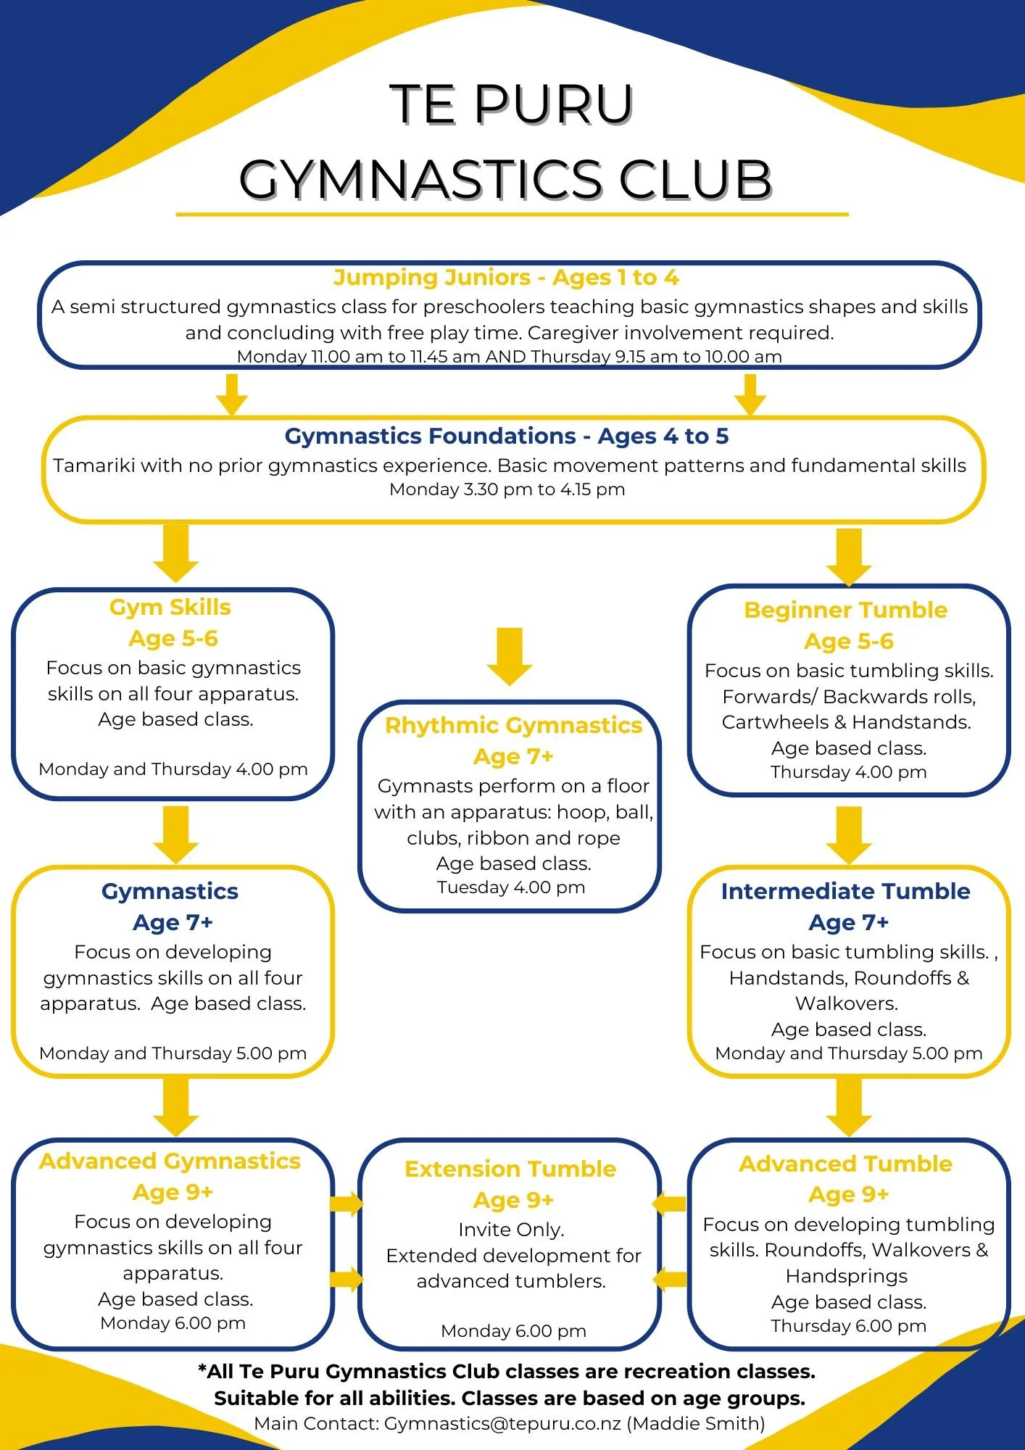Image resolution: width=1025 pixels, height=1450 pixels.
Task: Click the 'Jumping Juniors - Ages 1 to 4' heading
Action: coord(506,278)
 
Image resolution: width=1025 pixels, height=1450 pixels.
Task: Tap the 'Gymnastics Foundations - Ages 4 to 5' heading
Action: coord(506,436)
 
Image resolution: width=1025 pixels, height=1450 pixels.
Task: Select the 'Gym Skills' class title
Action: coord(170,608)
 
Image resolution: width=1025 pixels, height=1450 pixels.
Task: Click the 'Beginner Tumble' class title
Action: coord(845,610)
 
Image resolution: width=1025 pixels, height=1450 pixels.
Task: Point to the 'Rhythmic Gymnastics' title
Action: coord(513,726)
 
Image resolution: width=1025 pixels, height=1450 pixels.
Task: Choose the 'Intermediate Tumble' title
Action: coord(845,891)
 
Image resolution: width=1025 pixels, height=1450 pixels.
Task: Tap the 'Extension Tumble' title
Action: coord(510,1169)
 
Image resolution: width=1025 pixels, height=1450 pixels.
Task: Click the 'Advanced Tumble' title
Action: coord(845,1164)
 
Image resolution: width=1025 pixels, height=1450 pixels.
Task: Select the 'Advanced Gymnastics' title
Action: coord(170,1161)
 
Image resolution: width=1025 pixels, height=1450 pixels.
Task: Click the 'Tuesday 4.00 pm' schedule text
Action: coord(511,887)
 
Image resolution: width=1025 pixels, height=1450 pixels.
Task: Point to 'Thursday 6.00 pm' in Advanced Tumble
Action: coord(848,1325)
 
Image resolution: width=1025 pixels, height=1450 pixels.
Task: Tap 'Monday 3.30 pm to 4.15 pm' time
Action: coord(507,489)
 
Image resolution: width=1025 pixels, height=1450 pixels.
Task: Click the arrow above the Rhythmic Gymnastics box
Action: coord(510,656)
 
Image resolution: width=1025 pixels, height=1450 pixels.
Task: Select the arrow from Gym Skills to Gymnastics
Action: coord(176,834)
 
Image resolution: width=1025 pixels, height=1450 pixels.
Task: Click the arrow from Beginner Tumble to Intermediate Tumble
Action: coord(849,834)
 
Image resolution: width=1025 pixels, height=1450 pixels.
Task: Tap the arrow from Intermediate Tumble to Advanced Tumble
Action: coord(849,1106)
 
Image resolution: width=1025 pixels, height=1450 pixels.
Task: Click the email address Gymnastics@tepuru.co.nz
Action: coord(502,1423)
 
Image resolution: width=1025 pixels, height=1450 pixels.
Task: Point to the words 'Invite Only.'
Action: coord(511,1230)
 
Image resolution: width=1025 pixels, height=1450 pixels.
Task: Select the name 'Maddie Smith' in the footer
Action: coord(695,1423)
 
